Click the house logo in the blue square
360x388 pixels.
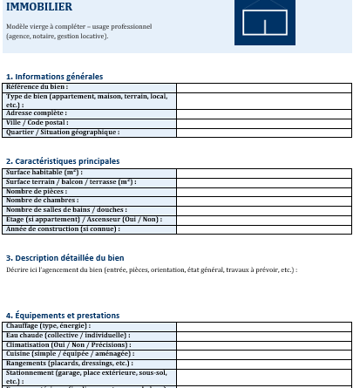point(264,21)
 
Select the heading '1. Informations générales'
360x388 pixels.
point(54,77)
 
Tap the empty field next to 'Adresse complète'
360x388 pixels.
point(263,113)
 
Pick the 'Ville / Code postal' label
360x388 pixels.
point(37,123)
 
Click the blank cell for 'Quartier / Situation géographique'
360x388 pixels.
point(263,133)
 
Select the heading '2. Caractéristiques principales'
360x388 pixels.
point(63,161)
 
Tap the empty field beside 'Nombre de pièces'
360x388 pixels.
point(263,191)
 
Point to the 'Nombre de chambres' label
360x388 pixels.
point(43,201)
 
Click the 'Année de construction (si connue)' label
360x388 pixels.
point(63,228)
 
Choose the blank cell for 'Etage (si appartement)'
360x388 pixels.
point(263,219)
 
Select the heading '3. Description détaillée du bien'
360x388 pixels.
point(65,258)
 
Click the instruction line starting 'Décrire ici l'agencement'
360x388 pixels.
point(152,270)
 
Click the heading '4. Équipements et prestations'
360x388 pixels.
point(63,315)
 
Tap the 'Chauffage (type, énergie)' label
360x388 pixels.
point(48,326)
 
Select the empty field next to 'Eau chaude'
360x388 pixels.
point(263,335)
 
